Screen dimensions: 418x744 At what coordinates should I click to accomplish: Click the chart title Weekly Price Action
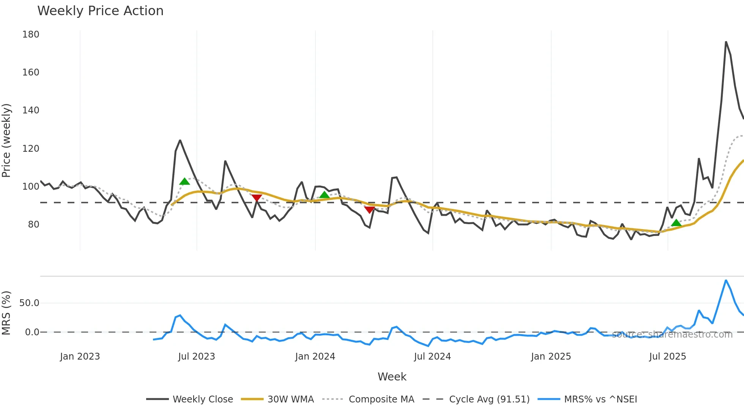[100, 11]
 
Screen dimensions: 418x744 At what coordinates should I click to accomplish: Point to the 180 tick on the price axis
[31, 35]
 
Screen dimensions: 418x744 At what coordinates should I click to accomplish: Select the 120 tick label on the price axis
[31, 148]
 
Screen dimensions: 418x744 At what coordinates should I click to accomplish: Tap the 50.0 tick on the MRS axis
[29, 303]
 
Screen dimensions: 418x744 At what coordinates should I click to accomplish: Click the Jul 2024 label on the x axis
[432, 357]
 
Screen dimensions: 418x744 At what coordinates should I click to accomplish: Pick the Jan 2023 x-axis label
[80, 357]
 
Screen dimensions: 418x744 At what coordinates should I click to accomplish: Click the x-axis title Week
[392, 377]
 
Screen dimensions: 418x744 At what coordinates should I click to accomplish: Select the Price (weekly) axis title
[6, 140]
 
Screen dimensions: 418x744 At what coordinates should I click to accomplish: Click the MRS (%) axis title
[6, 313]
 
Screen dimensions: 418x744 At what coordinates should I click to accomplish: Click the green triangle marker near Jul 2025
[676, 223]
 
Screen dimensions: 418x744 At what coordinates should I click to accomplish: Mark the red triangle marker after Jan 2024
[369, 209]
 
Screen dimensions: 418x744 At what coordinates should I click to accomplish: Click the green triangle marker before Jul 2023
[184, 182]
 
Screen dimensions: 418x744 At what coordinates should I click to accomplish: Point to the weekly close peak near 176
[726, 42]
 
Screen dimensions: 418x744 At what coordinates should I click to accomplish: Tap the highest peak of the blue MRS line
[726, 281]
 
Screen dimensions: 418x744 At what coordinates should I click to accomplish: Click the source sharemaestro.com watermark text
[672, 335]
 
